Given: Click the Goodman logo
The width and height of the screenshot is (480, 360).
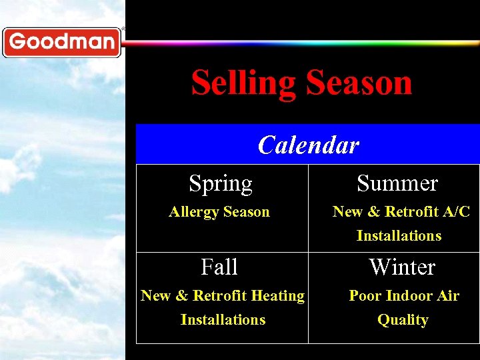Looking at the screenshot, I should (61, 43).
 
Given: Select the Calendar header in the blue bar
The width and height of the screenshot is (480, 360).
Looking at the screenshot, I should (308, 145).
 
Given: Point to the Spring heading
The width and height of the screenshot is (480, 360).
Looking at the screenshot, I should (221, 183).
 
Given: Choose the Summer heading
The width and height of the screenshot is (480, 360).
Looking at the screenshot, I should (397, 183).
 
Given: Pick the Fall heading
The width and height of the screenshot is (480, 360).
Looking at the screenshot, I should (219, 267).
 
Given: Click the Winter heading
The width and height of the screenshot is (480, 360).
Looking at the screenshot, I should (402, 267).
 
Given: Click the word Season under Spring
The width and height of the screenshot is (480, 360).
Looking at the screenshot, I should (247, 212).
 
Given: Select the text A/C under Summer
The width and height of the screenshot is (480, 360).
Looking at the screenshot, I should (455, 212).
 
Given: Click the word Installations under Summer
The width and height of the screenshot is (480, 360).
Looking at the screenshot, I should (399, 236).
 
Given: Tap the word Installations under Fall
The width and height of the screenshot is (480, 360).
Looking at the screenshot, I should (223, 320).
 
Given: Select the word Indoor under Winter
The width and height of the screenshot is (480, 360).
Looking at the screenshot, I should (406, 296).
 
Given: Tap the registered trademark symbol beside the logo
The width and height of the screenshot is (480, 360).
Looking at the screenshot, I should (123, 29).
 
